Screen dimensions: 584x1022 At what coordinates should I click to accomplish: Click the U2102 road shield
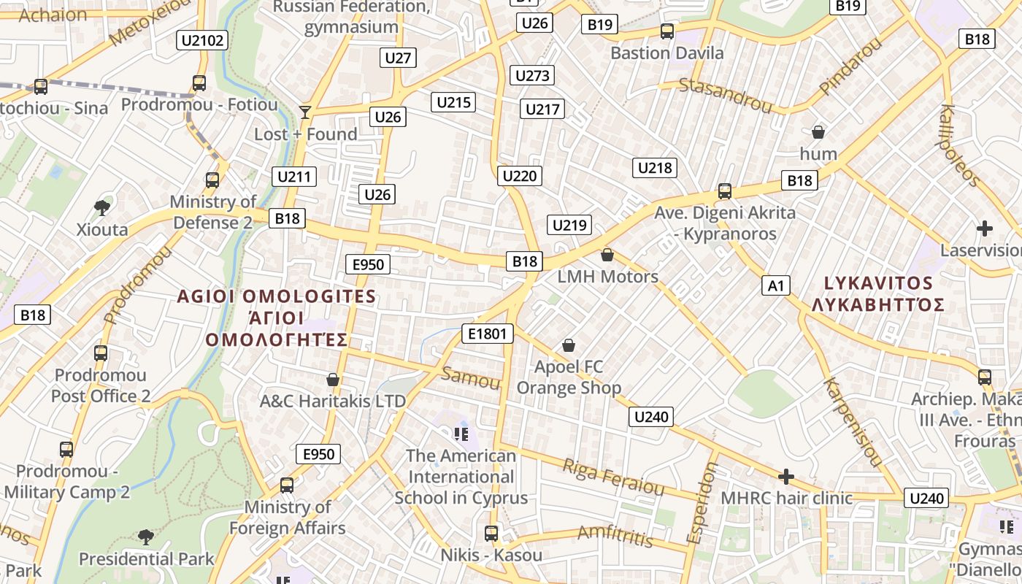click(202, 40)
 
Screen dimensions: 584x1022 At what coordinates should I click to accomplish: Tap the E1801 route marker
click(488, 334)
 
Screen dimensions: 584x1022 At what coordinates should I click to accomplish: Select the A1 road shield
click(775, 285)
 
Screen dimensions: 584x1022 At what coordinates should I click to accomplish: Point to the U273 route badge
click(531, 75)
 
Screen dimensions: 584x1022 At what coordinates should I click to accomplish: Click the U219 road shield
click(569, 225)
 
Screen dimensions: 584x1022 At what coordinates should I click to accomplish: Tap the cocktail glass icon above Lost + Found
click(305, 112)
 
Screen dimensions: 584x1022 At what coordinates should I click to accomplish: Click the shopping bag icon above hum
click(818, 132)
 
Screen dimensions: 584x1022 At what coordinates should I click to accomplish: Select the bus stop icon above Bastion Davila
click(666, 31)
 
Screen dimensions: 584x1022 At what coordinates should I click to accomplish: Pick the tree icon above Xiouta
click(102, 208)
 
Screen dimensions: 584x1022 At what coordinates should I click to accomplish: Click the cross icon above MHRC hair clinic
click(786, 477)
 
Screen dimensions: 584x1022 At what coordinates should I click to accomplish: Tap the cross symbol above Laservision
click(985, 228)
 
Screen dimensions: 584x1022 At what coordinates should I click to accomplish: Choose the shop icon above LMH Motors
click(607, 255)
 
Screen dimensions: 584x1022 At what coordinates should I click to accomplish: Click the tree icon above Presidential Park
click(146, 537)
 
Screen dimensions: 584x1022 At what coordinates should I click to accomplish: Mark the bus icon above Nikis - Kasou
click(491, 533)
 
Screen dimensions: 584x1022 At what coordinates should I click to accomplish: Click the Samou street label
click(471, 378)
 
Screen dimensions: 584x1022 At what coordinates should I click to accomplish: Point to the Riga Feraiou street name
click(613, 477)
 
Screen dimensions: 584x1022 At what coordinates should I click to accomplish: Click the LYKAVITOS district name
click(878, 283)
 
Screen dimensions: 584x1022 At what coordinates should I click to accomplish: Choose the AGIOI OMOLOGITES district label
click(277, 296)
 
